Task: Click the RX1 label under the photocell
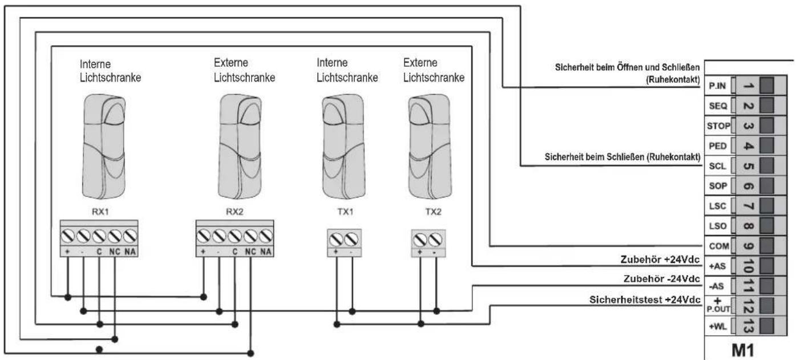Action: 100,212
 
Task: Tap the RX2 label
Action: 235,212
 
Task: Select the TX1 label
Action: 345,212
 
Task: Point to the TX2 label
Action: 433,212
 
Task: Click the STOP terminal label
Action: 718,126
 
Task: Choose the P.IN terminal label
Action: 717,86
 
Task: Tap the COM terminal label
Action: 719,246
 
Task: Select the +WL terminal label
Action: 718,326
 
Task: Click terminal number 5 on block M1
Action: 749,166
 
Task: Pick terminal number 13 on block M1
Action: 749,326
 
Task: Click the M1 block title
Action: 743,351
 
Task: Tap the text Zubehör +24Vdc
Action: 660,260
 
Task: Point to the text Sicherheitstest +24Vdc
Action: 645,300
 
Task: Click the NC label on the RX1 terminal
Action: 115,252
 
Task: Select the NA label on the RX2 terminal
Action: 265,252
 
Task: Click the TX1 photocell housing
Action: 344,147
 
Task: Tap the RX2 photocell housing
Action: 240,147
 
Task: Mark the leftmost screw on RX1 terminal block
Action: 67,236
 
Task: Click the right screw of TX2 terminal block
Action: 435,240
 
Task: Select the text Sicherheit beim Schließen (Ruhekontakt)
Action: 622,157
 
